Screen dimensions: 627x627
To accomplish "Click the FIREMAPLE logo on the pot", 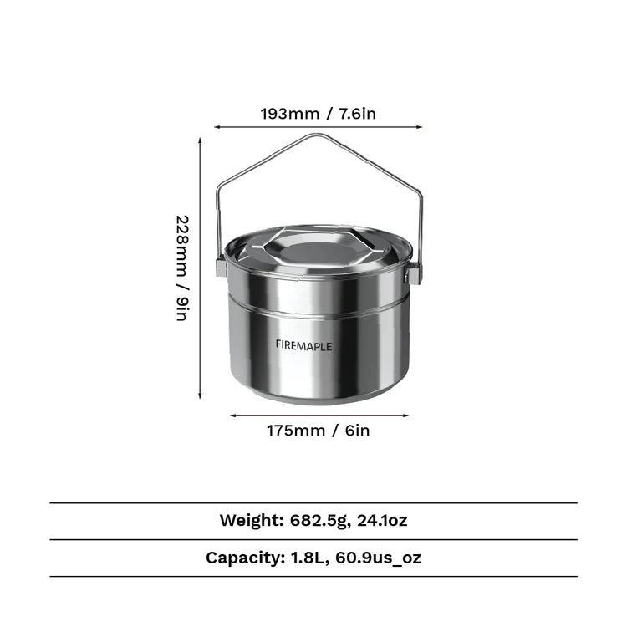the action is pos(303,346).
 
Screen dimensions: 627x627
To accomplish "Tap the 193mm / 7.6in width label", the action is pos(319,114).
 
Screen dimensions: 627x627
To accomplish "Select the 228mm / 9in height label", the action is pos(182,268).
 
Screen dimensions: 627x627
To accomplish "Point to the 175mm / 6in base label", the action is pos(319,431).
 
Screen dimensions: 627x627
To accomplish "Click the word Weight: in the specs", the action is pos(252,520).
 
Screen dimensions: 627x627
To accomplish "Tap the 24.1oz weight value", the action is pos(382,520).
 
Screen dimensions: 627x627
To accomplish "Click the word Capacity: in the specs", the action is pos(245,558).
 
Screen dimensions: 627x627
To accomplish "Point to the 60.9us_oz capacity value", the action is pos(378,558).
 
